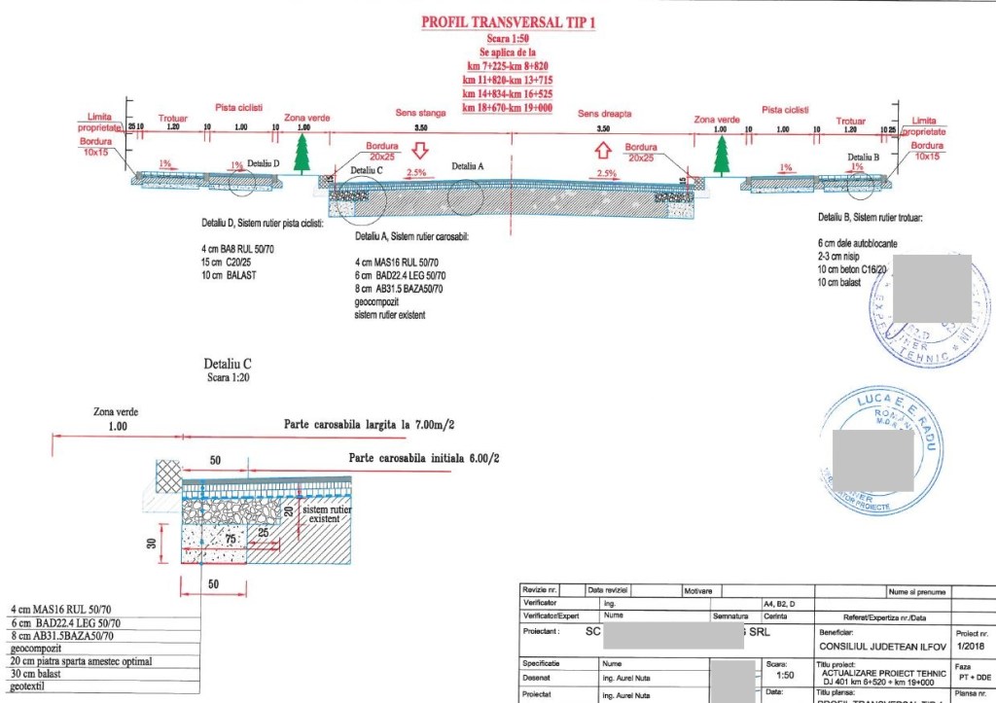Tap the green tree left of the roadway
pos(302,154)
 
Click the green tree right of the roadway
pos(721,154)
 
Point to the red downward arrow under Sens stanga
pos(420,151)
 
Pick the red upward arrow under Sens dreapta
pos(602,150)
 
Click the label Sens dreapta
pos(601,113)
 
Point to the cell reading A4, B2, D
pos(781,603)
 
